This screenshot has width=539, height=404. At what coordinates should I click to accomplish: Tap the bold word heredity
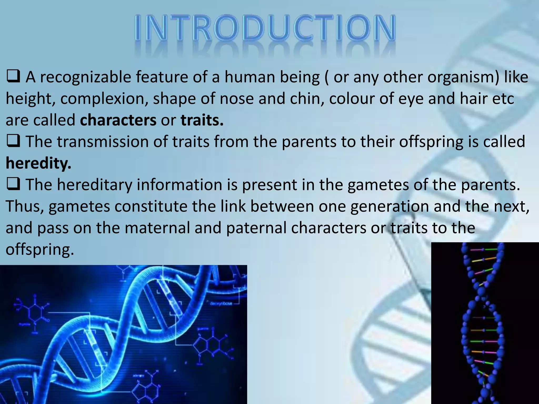(38, 163)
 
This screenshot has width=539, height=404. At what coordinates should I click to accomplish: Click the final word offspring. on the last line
(39, 249)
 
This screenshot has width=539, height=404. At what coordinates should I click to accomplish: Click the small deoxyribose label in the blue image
(221, 304)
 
